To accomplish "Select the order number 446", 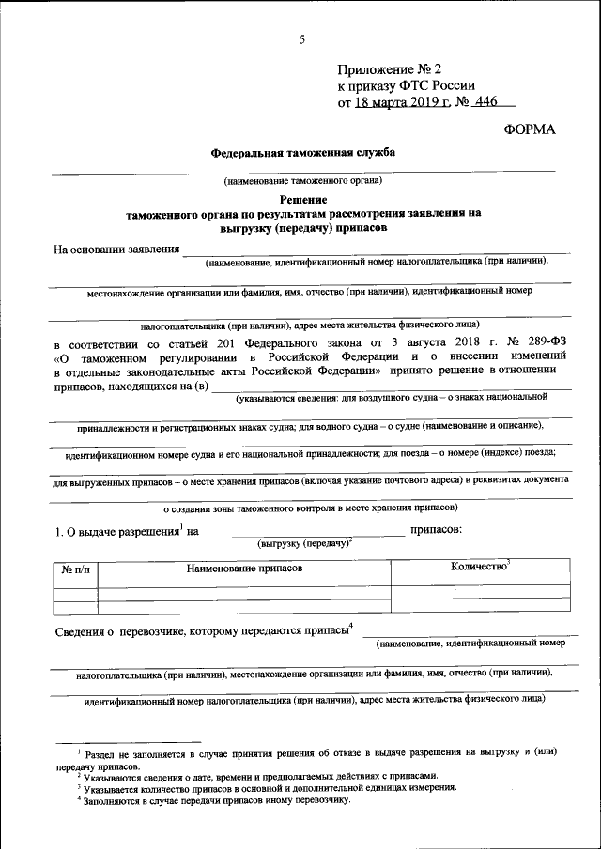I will point(486,103).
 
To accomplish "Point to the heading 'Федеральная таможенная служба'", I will point(302,151).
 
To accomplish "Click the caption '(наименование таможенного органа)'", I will point(301,180).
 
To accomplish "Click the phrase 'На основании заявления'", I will point(116,249).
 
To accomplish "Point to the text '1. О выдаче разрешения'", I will point(117,532).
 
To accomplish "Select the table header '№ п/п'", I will point(75,569).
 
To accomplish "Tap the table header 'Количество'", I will point(479,568).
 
